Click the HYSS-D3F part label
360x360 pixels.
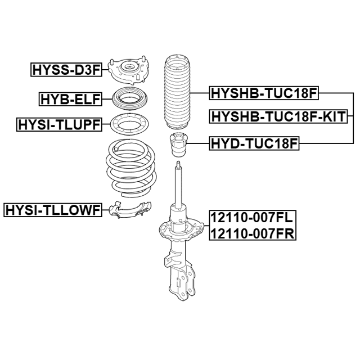66,70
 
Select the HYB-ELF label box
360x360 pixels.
70,99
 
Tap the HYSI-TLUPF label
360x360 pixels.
59,125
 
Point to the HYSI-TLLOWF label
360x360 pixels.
53,210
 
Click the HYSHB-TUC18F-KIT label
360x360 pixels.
278,116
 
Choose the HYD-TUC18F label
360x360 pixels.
254,143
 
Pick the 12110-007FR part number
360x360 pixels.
253,234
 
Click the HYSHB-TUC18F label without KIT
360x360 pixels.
264,93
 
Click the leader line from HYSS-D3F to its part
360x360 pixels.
105,70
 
